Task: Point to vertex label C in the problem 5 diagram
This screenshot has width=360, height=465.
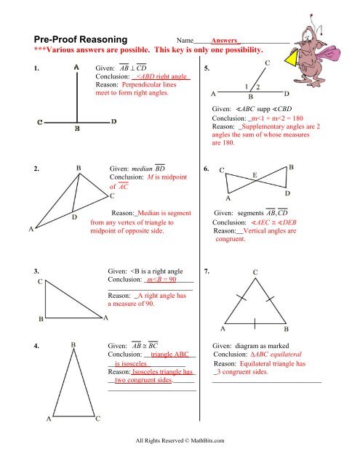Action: pyautogui.click(x=267, y=64)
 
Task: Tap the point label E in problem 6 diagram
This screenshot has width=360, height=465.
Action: pyautogui.click(x=253, y=175)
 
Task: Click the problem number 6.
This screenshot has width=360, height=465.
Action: pyautogui.click(x=208, y=169)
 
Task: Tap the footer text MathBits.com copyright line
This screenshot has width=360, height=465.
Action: pyautogui.click(x=180, y=440)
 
